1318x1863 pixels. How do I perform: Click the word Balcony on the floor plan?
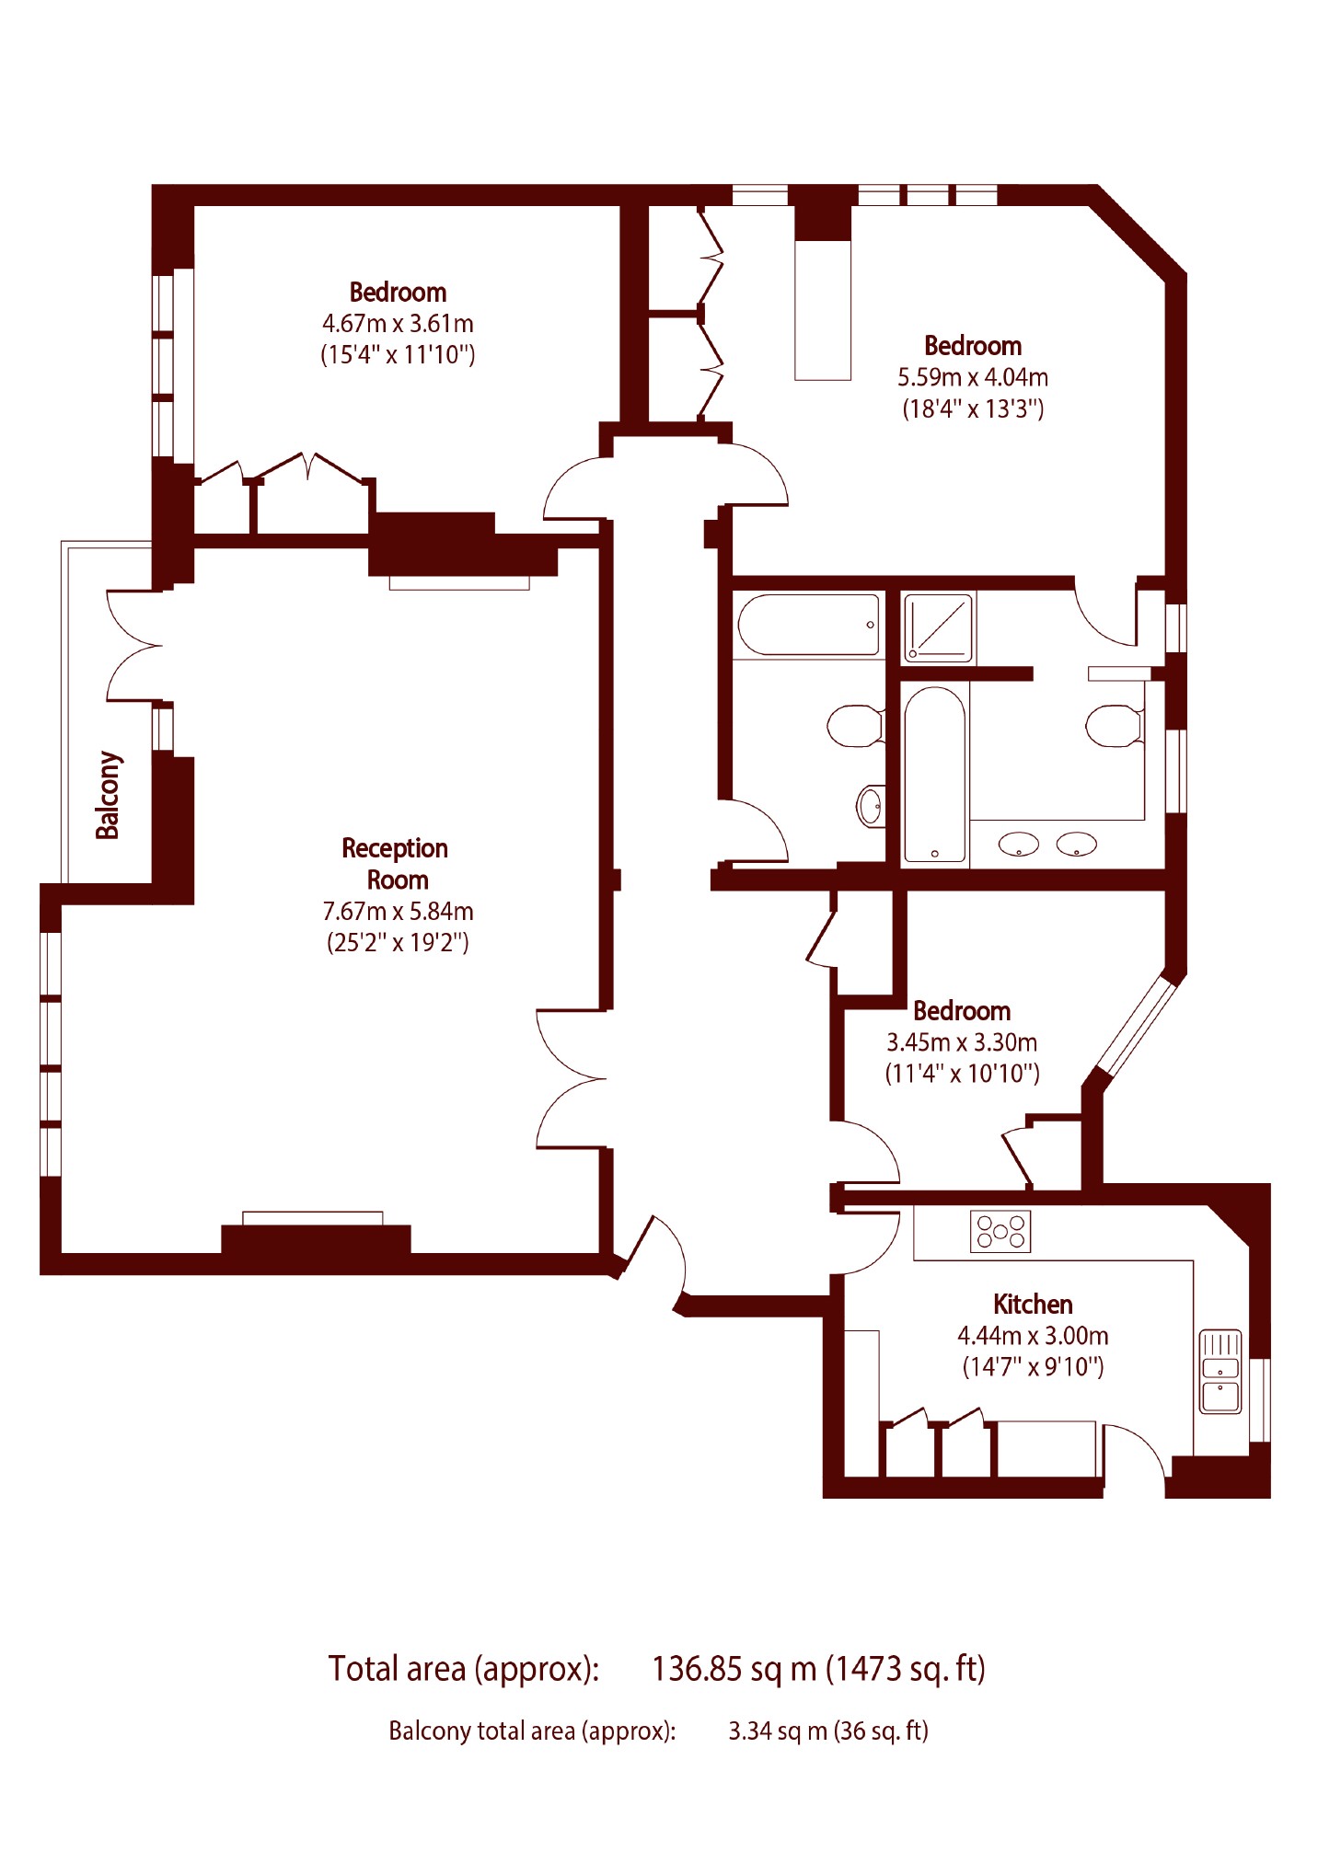(x=109, y=796)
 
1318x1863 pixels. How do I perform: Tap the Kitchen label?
(x=1033, y=1304)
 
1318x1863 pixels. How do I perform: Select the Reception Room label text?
(x=396, y=864)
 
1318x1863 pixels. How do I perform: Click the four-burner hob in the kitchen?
(x=1000, y=1231)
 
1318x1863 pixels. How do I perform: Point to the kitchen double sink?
(x=1220, y=1371)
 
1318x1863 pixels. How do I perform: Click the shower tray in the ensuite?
(x=938, y=628)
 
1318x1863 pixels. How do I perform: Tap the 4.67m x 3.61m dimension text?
(x=398, y=324)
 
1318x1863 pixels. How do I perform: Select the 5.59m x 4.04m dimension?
(x=973, y=377)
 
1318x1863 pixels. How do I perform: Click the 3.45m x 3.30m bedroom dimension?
(x=962, y=1042)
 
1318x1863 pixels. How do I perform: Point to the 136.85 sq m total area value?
(x=734, y=1668)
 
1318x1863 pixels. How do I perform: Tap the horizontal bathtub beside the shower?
(x=809, y=625)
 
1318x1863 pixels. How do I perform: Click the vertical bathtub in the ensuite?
(x=934, y=775)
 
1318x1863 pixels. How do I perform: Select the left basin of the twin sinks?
(x=1018, y=844)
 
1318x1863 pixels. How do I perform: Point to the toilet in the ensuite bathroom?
(x=1115, y=726)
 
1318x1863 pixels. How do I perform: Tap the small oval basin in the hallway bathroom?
(x=871, y=806)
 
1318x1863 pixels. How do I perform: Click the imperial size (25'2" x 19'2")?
(x=398, y=943)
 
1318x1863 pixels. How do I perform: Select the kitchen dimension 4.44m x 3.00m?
(x=1033, y=1336)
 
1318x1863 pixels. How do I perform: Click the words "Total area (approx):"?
(x=464, y=1668)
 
